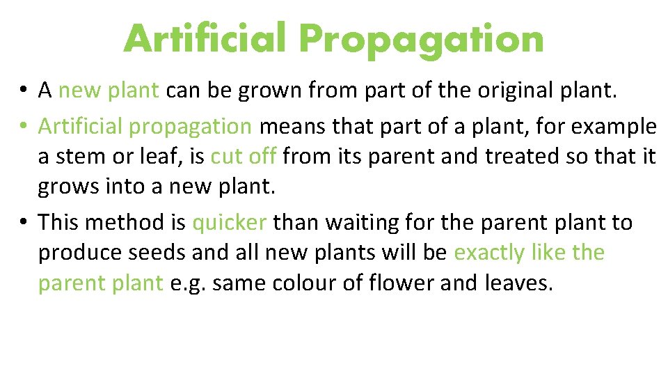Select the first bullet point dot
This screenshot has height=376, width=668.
click(23, 90)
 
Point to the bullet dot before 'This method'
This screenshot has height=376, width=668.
click(23, 223)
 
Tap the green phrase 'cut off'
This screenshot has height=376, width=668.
click(244, 157)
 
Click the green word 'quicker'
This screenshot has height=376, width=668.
click(229, 223)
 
